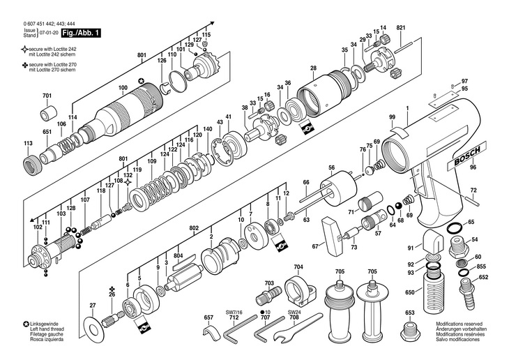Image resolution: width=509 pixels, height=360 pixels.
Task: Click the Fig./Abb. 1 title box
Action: point(81,33)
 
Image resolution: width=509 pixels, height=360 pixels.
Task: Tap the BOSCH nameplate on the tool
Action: point(467,156)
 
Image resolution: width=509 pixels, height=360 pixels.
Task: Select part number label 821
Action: point(401,28)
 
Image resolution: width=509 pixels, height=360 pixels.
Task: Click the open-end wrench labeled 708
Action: point(298,327)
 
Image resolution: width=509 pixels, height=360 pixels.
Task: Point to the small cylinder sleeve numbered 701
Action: point(49,112)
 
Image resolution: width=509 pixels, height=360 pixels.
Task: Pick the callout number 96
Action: point(473,167)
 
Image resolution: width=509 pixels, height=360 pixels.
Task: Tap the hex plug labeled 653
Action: point(410,331)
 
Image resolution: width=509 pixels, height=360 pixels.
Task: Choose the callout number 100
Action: point(123,88)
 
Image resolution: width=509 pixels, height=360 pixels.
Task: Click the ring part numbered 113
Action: point(32,161)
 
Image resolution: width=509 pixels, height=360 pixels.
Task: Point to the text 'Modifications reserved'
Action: point(459,324)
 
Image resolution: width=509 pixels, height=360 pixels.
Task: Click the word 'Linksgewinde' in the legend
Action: point(44,324)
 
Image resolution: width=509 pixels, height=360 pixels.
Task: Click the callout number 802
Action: point(194,228)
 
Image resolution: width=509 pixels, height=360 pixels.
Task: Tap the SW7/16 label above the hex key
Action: point(234,313)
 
